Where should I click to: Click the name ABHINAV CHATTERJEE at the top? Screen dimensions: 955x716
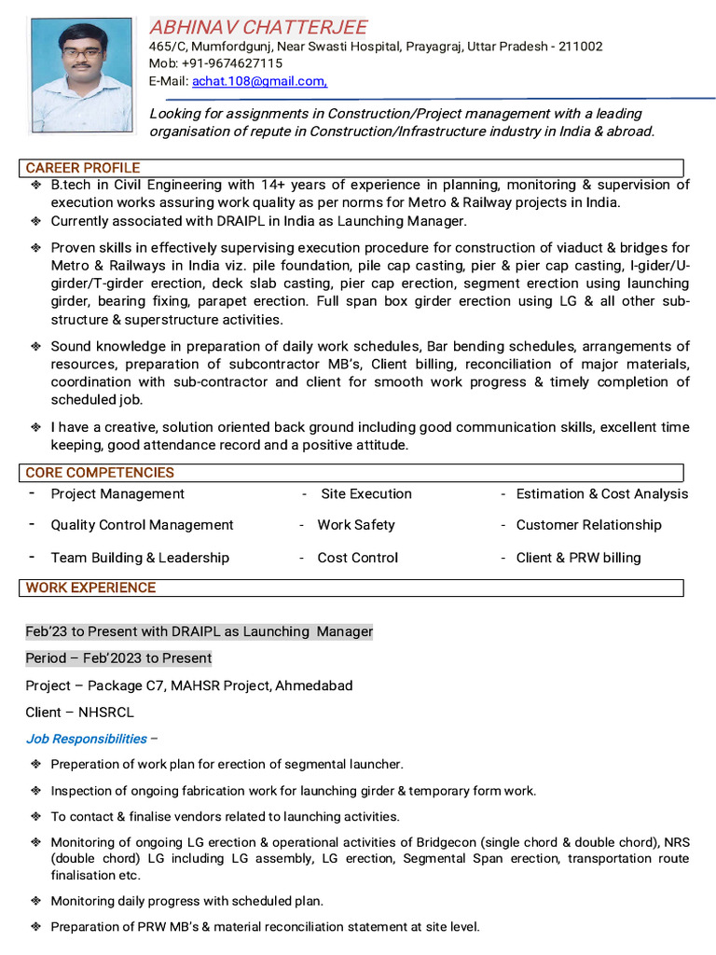pyautogui.click(x=258, y=27)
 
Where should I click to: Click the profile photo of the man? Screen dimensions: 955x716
pyautogui.click(x=81, y=75)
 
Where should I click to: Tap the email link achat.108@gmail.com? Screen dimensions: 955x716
pyautogui.click(x=258, y=82)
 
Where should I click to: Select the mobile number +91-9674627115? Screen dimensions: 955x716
pyautogui.click(x=239, y=63)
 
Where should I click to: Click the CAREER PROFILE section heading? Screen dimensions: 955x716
pyautogui.click(x=83, y=168)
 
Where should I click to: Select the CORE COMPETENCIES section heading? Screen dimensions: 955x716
pyautogui.click(x=100, y=473)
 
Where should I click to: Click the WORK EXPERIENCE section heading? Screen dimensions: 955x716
pyautogui.click(x=90, y=588)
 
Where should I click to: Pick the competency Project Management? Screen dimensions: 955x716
pyautogui.click(x=117, y=494)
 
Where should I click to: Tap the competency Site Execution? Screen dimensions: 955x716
pyautogui.click(x=365, y=494)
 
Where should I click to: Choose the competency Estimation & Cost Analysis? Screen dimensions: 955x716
pyautogui.click(x=601, y=494)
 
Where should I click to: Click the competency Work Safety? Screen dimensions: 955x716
pyautogui.click(x=356, y=525)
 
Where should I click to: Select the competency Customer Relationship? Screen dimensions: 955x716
pyautogui.click(x=588, y=525)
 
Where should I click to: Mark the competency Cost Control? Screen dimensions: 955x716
pyautogui.click(x=357, y=558)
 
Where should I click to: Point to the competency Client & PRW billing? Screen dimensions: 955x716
pyautogui.click(x=578, y=558)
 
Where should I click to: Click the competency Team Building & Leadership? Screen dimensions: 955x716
pyautogui.click(x=140, y=558)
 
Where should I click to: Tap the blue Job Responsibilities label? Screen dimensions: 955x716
pyautogui.click(x=86, y=739)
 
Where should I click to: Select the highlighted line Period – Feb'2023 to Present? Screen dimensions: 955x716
pyautogui.click(x=118, y=658)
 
